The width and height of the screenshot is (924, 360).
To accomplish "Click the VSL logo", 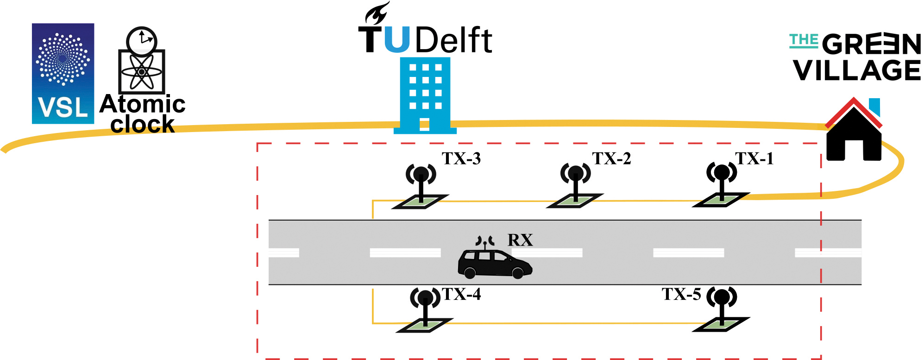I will [63, 73].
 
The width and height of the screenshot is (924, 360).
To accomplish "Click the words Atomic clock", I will [143, 114].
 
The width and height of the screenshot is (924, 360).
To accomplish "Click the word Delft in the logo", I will [454, 40].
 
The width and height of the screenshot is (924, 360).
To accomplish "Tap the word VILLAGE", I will [857, 70].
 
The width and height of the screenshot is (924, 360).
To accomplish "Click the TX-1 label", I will [754, 158].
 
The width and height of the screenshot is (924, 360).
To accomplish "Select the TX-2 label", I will [611, 158].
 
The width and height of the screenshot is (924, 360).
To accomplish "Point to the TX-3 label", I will [461, 158].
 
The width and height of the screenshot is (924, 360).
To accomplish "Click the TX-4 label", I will [462, 294].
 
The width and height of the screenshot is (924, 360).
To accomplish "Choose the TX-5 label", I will [681, 294].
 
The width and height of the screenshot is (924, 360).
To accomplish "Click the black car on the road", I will [494, 264].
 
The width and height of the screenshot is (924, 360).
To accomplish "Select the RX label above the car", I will [520, 240].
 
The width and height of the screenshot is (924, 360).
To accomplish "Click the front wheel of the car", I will [517, 273].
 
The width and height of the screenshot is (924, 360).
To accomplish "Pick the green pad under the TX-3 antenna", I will [421, 202].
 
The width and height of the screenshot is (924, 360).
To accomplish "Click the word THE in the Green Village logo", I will [804, 40].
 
